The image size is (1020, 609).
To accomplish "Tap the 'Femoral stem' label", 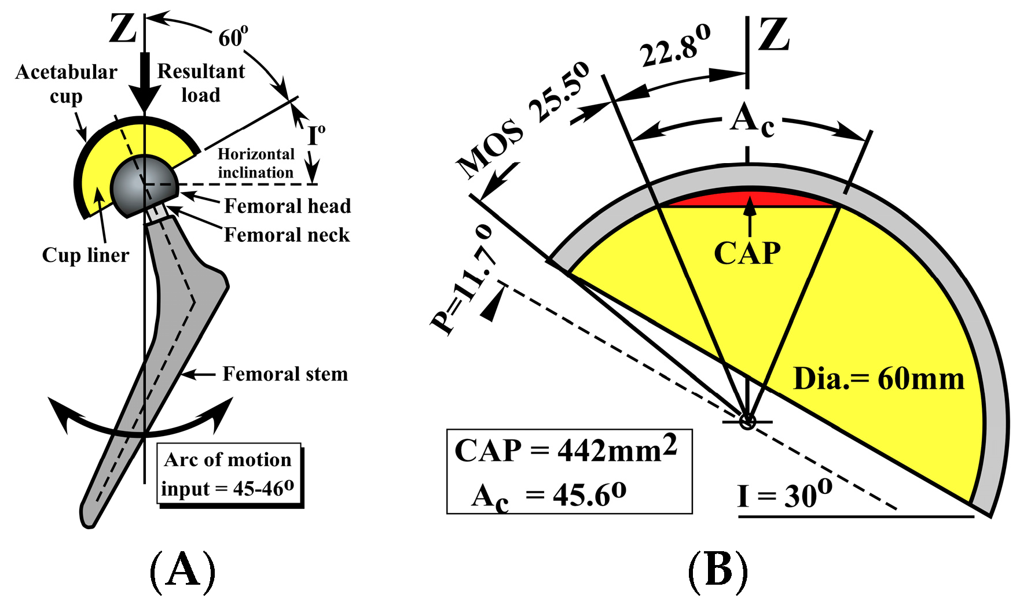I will click(x=285, y=374).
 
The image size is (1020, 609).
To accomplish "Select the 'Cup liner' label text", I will click(x=85, y=255).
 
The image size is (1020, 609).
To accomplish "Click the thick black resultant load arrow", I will click(x=144, y=81).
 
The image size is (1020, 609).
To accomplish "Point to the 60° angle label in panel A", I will click(x=233, y=38).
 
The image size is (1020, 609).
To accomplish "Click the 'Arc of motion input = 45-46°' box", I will click(x=229, y=474).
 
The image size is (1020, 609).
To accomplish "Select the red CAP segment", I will click(x=749, y=199).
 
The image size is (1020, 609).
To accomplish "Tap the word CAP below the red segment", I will click(x=747, y=253).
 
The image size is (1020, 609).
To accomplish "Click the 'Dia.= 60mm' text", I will click(x=878, y=379).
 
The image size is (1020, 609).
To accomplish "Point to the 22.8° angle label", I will click(x=675, y=46).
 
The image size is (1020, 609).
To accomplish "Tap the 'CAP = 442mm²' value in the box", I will click(x=566, y=450).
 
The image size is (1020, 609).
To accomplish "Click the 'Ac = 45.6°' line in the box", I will click(x=548, y=495).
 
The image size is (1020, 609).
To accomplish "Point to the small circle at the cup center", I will click(x=747, y=421).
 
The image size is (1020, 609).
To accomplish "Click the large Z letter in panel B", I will click(x=773, y=35).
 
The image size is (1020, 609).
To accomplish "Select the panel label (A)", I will click(x=182, y=571).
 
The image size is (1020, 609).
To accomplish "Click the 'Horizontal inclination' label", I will click(x=256, y=163).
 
